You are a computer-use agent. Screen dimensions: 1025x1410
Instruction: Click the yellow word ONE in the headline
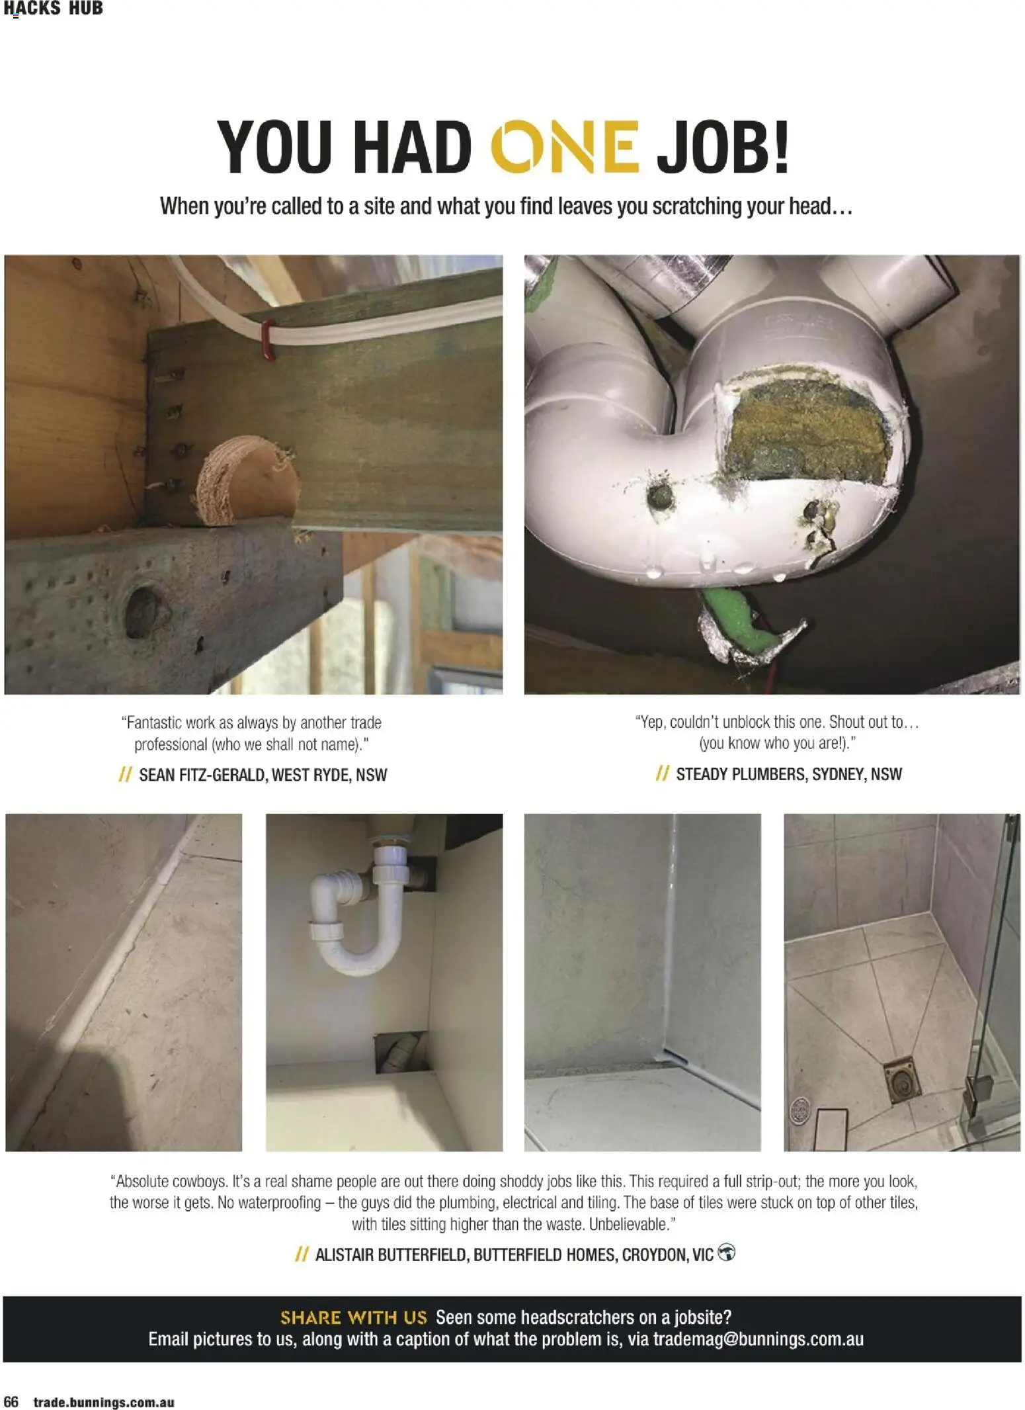(565, 146)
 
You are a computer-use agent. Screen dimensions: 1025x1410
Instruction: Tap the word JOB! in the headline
(723, 146)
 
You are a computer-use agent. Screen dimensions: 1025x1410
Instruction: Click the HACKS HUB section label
(53, 9)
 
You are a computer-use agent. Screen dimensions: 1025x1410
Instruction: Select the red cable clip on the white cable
(268, 339)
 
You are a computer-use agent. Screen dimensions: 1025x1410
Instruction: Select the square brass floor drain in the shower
(900, 1079)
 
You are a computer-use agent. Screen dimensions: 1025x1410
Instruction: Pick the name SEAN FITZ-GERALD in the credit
(200, 775)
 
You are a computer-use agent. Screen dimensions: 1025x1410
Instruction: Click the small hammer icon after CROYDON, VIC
(726, 1253)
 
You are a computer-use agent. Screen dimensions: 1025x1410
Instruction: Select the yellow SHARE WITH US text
(354, 1317)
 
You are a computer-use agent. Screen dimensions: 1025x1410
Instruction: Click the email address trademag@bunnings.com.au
(758, 1339)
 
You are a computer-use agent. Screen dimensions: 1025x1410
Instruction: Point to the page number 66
(11, 1401)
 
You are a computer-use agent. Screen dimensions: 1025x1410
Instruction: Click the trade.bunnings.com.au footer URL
(104, 1402)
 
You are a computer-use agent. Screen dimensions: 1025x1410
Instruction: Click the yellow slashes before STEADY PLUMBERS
(662, 773)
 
